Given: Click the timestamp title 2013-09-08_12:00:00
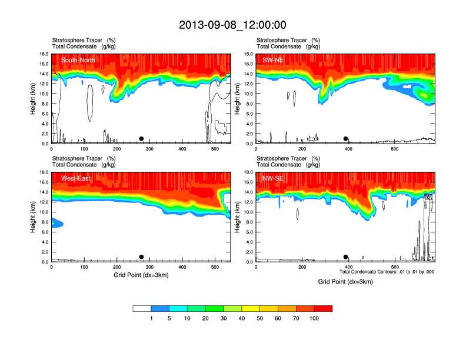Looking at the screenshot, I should click(232, 25).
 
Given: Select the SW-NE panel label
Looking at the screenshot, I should click(273, 60).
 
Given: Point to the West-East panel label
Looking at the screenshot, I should click(75, 178).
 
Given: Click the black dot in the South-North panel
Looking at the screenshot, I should click(141, 139).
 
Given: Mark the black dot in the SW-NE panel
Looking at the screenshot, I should click(346, 139).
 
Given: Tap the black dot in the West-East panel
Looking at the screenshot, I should click(141, 257).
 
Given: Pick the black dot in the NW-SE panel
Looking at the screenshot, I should click(345, 257).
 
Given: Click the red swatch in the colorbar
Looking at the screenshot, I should click(323, 308).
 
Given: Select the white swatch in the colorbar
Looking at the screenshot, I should click(142, 308).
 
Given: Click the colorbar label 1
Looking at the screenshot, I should click(151, 318).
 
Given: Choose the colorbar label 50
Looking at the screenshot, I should click(260, 318).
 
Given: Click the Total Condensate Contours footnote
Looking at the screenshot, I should click(387, 271).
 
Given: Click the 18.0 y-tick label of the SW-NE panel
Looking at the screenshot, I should click(248, 54).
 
